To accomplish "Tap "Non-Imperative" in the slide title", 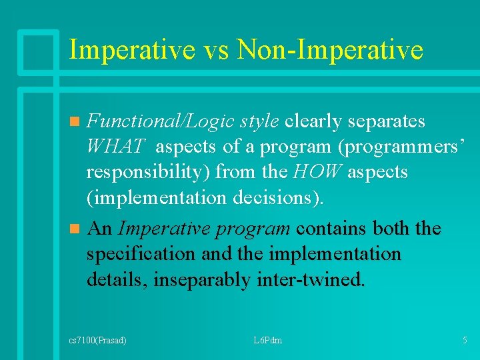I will [331, 50].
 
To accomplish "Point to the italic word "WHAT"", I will [116, 146].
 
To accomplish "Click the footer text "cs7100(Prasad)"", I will [98, 340].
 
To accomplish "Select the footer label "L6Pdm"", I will [268, 340].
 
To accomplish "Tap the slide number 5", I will [465, 340].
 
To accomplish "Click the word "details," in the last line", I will [117, 279].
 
